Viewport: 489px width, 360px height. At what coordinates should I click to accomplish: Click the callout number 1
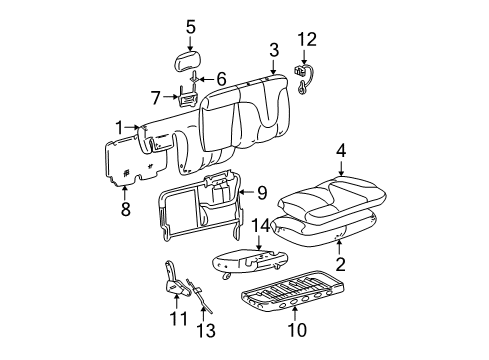pyautogui.click(x=119, y=128)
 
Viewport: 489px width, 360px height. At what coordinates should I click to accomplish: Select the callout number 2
pyautogui.click(x=341, y=266)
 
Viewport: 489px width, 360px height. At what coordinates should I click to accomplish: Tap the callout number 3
pyautogui.click(x=273, y=49)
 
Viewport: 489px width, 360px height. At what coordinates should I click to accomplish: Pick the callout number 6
pyautogui.click(x=222, y=77)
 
